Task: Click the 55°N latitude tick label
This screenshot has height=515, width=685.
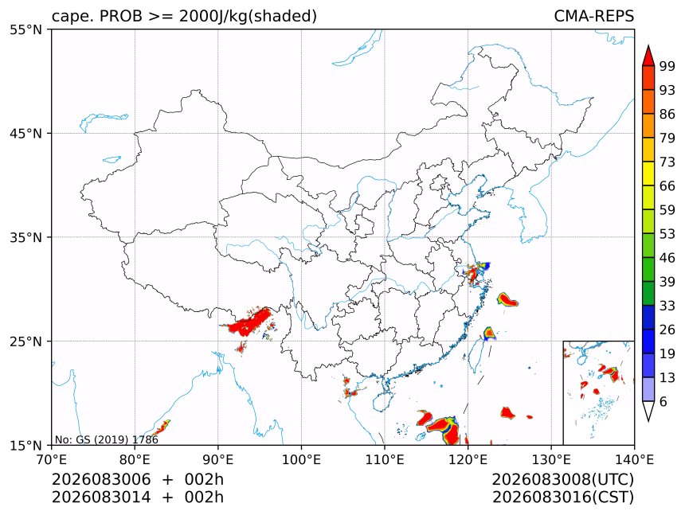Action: click(x=25, y=30)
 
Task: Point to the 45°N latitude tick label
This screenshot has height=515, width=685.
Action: click(x=25, y=134)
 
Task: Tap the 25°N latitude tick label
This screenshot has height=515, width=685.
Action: click(x=25, y=341)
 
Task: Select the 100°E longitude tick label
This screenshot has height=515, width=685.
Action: click(x=301, y=460)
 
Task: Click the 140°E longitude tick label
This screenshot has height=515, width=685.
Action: click(x=634, y=460)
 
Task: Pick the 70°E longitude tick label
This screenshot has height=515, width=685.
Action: click(x=52, y=460)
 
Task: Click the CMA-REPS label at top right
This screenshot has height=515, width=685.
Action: click(x=593, y=16)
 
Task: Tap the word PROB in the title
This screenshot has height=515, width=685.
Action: click(x=121, y=16)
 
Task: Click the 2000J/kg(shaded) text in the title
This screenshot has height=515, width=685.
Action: click(x=249, y=17)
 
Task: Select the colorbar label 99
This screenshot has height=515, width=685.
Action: click(x=667, y=66)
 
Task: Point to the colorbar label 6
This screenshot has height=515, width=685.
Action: click(x=663, y=401)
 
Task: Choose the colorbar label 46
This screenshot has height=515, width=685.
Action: click(x=667, y=258)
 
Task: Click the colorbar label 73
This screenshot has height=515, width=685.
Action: click(x=667, y=162)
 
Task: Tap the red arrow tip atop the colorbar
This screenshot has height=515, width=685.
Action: click(x=648, y=45)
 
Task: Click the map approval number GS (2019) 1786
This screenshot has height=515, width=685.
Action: click(x=106, y=439)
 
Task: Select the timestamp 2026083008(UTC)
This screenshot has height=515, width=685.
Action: click(x=562, y=479)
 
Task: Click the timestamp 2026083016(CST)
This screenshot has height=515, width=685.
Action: click(x=562, y=497)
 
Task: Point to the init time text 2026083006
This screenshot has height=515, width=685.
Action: click(x=101, y=479)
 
